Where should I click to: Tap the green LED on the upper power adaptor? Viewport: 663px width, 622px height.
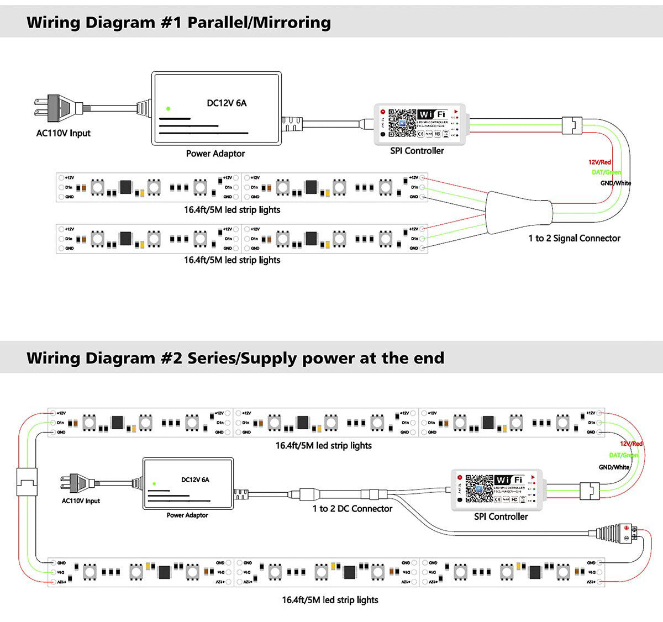coord(168,109)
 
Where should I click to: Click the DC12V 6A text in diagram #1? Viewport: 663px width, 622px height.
coord(227,103)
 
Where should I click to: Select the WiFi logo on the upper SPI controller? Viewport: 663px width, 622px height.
coord(432,114)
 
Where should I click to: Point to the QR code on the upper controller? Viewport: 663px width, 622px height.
coord(402,123)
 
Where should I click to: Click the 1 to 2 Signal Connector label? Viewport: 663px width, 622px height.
coord(574,238)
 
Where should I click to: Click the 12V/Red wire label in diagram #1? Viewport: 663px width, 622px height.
coord(599,162)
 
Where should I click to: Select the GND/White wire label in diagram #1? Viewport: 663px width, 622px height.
coord(615,183)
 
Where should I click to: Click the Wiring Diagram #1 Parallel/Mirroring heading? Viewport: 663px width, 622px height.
coord(178,23)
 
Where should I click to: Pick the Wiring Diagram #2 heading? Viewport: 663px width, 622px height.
coord(235,358)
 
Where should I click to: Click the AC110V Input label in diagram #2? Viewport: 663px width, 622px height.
coord(81,501)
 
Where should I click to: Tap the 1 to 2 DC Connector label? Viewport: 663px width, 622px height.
coord(352,509)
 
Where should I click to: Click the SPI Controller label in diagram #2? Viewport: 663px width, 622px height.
coord(501,516)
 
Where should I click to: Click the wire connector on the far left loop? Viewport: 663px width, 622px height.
coord(27,482)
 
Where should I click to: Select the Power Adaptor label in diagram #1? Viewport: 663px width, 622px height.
coord(215,154)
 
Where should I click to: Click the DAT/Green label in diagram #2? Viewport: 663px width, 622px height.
coord(623,455)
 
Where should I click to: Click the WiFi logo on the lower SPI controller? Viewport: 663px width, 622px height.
coord(509,479)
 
